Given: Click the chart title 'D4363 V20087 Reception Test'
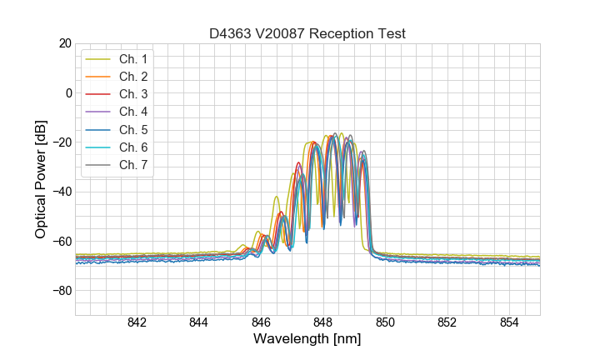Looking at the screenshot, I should click(307, 33).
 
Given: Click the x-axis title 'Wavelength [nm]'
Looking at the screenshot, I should click(307, 340).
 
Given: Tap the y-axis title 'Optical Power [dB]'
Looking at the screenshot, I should click(41, 179).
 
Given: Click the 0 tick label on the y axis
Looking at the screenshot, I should click(68, 92).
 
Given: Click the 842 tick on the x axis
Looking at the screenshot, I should click(137, 323).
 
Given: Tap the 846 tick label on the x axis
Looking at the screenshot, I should click(261, 323).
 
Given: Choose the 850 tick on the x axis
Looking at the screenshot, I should click(385, 323).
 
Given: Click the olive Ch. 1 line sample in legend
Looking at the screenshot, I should click(98, 59).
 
